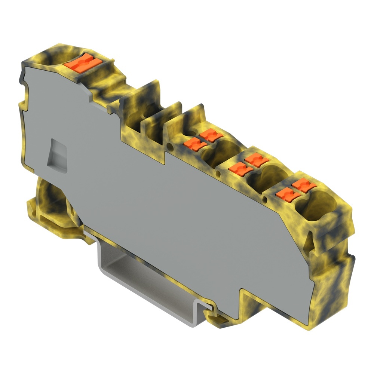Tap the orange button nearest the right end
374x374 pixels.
pos(303,185)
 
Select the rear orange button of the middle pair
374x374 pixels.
pos(257,160)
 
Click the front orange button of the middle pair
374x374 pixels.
pos(240,169)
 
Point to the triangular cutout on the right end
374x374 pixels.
pos(309,239)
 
